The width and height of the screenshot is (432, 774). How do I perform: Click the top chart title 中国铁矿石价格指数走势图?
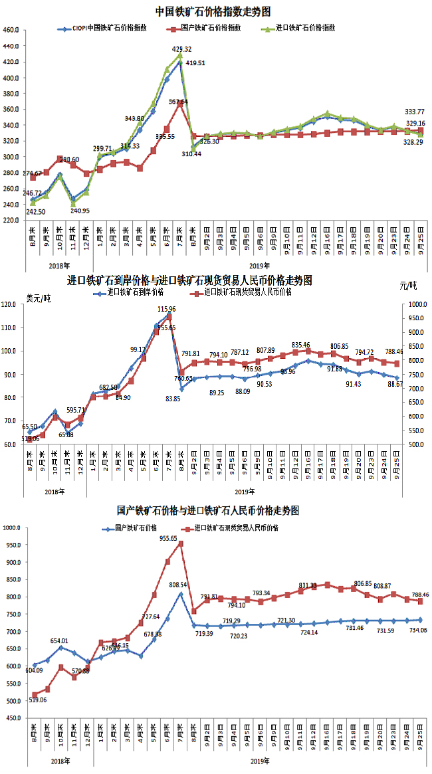[x=213, y=11]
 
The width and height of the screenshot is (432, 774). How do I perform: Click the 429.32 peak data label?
[x=182, y=49]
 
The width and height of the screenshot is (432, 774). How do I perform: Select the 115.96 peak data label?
[x=166, y=309]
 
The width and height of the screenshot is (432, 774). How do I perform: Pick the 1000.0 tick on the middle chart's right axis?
[x=416, y=304]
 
